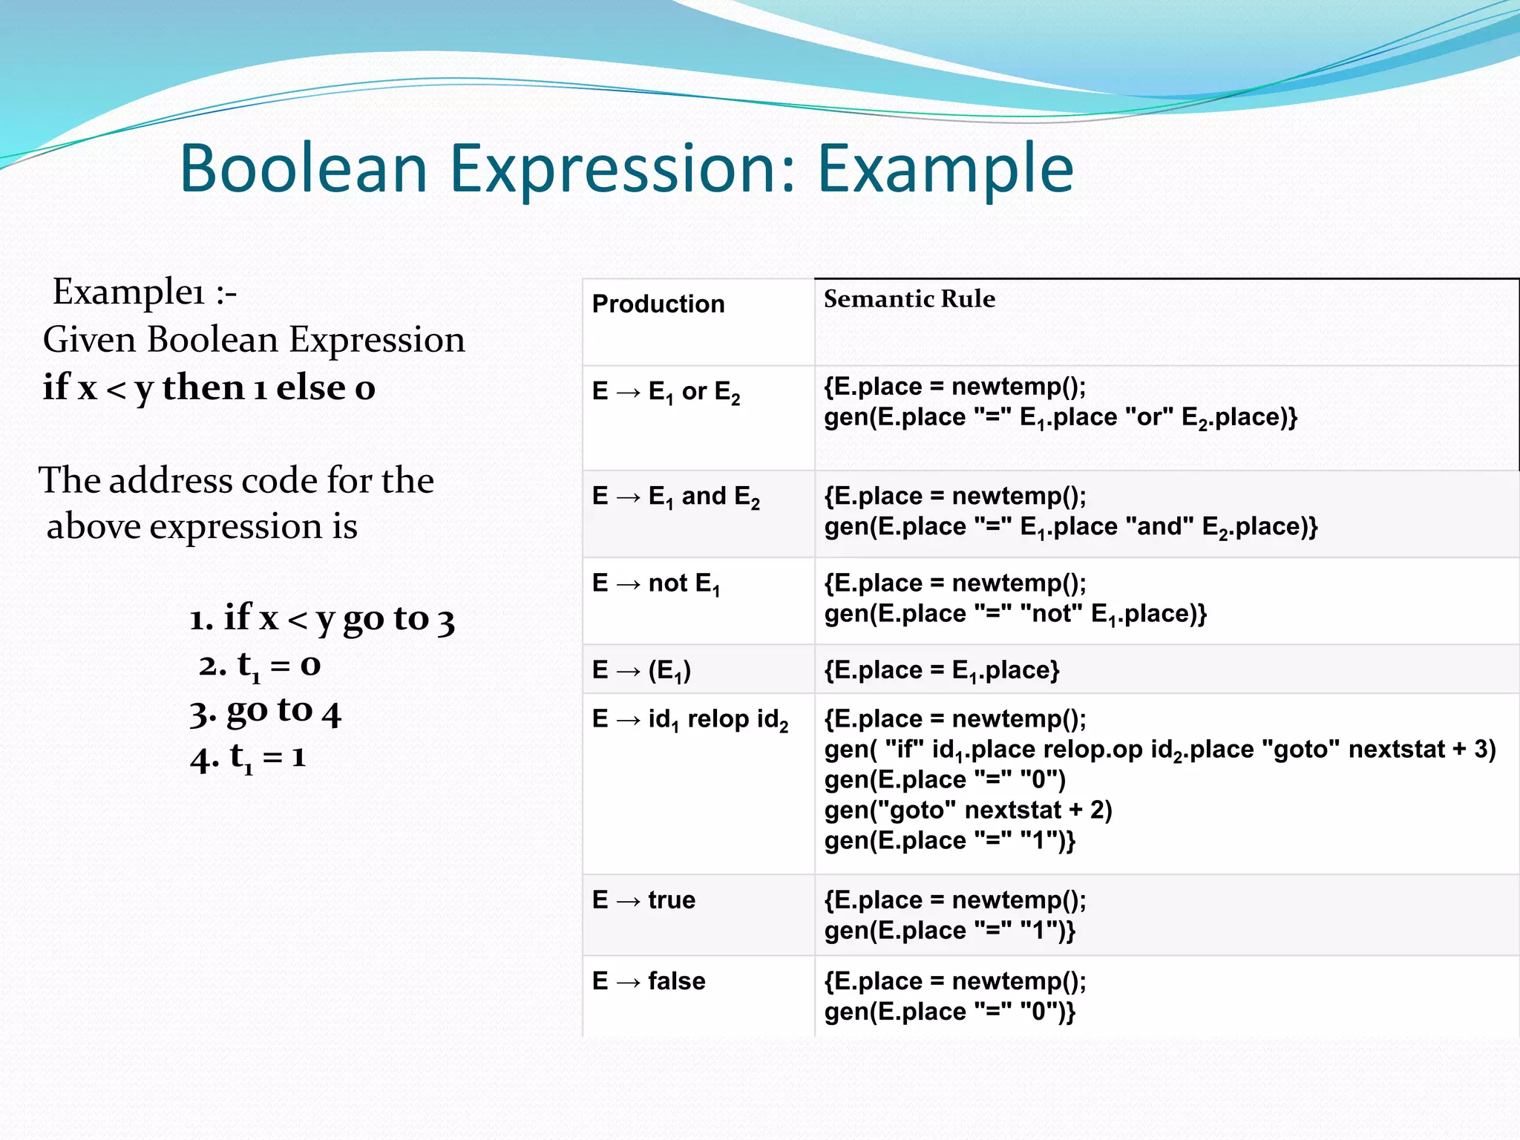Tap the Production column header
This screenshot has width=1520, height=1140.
[x=658, y=304]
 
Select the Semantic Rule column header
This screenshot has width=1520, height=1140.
[x=909, y=298]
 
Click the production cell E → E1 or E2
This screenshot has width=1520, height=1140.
[x=666, y=392]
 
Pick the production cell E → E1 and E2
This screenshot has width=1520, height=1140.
[x=675, y=497]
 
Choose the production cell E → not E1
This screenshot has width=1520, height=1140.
[x=655, y=584]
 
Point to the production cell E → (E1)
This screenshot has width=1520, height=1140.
[x=641, y=671]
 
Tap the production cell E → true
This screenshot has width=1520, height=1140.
[x=643, y=900]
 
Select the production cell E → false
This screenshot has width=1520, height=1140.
[x=648, y=981]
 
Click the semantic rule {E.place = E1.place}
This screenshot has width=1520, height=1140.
[x=941, y=671]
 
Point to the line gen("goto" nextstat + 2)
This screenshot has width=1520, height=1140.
[x=968, y=810]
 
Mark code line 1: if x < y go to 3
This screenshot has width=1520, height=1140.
[x=321, y=617]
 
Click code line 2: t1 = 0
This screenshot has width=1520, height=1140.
[x=260, y=665]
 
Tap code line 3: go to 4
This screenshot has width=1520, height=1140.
[x=265, y=712]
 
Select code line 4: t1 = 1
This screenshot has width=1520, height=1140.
[x=248, y=758]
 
